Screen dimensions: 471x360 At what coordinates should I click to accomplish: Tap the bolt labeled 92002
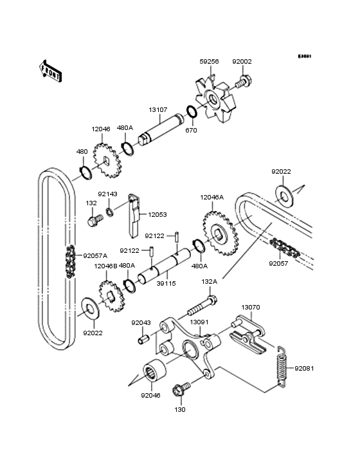(x=244, y=82)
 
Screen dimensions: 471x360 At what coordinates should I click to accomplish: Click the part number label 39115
(x=166, y=283)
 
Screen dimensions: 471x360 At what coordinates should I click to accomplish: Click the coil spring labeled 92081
(x=281, y=367)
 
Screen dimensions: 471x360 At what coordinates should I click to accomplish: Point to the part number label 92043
(x=141, y=322)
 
